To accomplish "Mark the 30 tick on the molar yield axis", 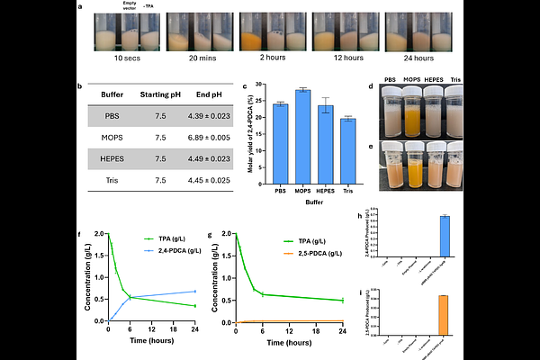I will pos(263,84).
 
